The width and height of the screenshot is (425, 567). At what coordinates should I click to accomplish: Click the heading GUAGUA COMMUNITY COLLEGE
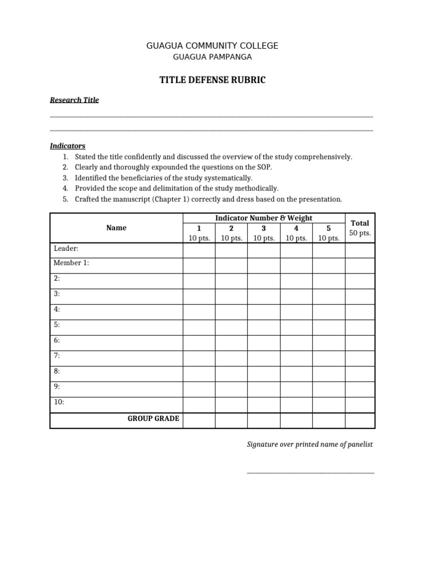212,45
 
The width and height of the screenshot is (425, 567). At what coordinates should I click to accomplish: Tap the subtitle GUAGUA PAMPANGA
212,57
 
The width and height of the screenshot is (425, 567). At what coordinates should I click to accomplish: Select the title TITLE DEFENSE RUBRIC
212,80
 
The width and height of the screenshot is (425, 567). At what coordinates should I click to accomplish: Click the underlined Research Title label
74,100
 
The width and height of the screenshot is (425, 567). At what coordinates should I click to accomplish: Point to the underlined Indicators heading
68,146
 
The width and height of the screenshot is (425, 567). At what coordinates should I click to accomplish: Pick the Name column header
116,228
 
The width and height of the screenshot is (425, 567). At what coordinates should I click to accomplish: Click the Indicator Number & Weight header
264,218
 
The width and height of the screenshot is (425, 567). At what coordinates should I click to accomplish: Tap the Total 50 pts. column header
360,228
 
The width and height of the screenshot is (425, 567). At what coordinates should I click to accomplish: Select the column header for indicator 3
263,233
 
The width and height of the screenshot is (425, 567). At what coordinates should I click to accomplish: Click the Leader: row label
66,249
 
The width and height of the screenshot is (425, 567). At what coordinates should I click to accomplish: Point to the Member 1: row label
71,264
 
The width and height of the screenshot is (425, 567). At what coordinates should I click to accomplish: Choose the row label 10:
59,403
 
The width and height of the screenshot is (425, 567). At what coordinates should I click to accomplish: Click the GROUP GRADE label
153,419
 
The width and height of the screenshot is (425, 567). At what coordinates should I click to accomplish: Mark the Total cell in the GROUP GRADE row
360,420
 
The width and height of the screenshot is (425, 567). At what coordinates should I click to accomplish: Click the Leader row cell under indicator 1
199,251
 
